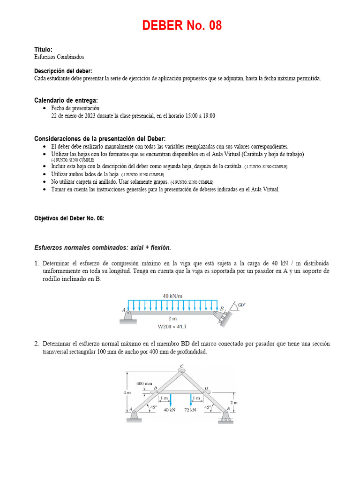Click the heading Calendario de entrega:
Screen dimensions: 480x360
click(x=66, y=100)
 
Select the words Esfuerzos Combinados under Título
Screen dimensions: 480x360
click(x=59, y=57)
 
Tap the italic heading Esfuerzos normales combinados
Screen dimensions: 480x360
click(x=103, y=247)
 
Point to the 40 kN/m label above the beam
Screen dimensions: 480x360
click(x=172, y=296)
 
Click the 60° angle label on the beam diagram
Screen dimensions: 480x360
click(x=241, y=304)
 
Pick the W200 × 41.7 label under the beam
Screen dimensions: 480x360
click(x=172, y=326)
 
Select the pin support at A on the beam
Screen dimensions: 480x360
click(x=128, y=316)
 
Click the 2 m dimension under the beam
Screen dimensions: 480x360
click(x=172, y=318)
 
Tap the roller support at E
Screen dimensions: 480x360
click(x=226, y=418)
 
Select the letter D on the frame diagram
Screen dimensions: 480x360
click(x=206, y=388)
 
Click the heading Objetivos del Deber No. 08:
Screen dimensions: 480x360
click(x=69, y=218)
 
